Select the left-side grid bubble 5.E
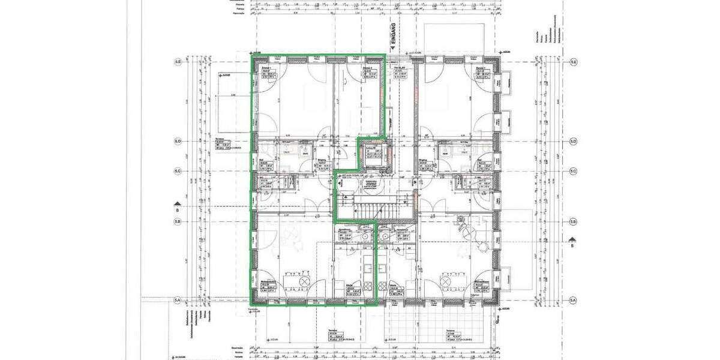coord(178,62)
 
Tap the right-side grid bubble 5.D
coord(574,142)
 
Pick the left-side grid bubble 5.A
coord(178,300)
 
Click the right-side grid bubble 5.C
coord(574,172)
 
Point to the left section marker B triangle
coord(177,204)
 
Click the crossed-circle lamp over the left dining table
coord(304,281)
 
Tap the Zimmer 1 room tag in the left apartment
coord(263,74)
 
